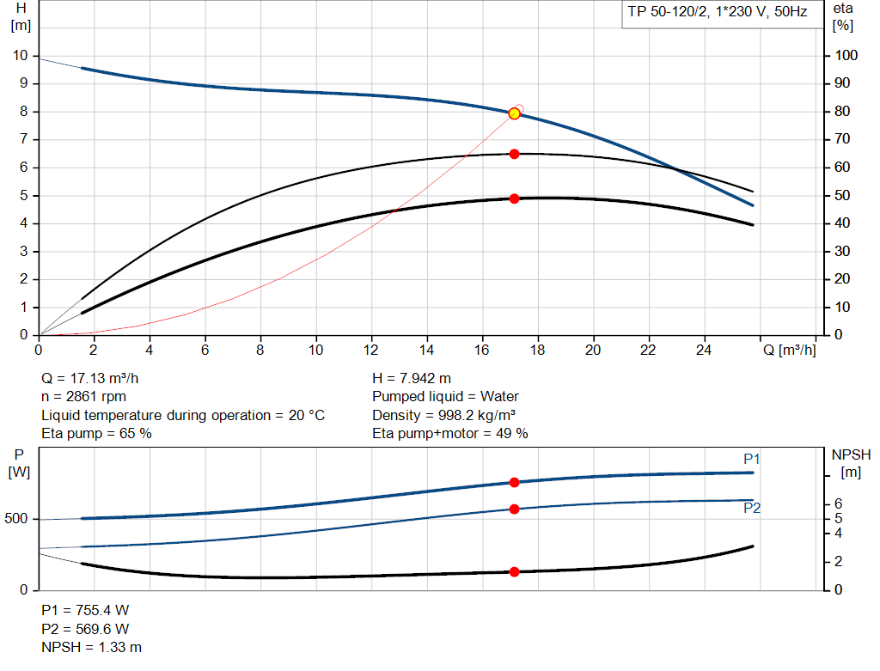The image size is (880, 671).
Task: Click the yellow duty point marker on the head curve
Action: (514, 113)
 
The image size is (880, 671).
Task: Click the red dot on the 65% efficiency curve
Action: (514, 154)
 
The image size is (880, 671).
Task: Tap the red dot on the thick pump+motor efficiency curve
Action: (514, 198)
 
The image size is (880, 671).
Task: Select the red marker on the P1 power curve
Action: (514, 483)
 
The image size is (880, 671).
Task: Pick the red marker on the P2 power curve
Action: (514, 509)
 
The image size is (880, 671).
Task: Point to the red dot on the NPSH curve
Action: (514, 571)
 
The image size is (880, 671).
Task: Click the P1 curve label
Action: (752, 460)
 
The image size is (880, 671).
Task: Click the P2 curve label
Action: (752, 509)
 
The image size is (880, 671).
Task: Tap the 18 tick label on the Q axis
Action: (537, 350)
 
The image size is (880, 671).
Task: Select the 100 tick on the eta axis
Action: (846, 56)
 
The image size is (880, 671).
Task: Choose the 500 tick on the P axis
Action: (19, 519)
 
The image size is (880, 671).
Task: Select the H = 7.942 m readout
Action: (412, 378)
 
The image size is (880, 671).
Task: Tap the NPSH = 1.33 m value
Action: (92, 647)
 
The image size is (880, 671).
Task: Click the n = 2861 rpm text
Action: (84, 397)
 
